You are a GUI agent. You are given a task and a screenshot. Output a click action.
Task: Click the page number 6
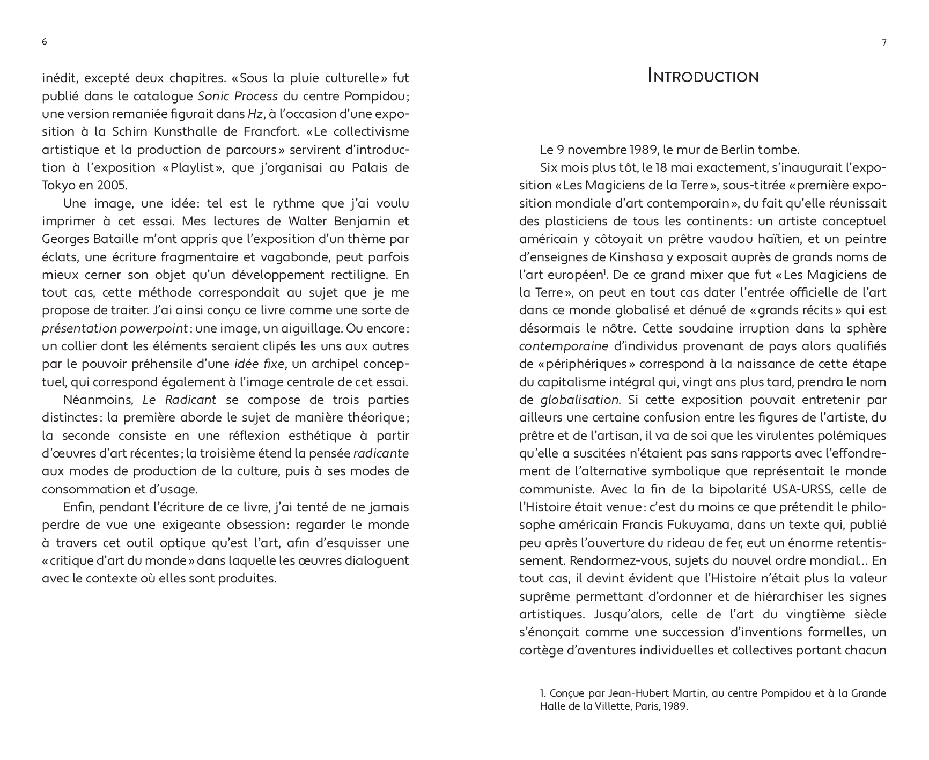coord(44,42)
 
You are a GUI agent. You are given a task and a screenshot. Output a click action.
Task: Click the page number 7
coord(884,43)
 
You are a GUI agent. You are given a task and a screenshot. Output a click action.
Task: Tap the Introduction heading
coord(703,77)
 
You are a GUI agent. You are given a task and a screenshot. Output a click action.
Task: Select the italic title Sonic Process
coord(238,96)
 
